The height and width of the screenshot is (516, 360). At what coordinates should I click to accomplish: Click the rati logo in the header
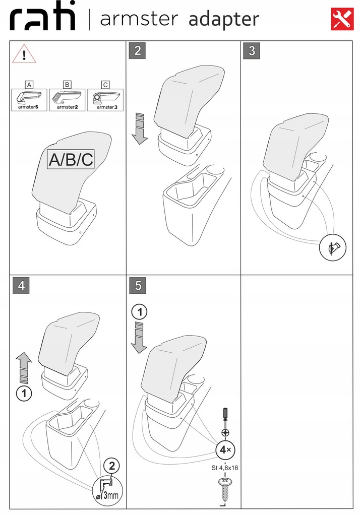coord(43,19)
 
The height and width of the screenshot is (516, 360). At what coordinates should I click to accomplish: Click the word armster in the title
coord(139,19)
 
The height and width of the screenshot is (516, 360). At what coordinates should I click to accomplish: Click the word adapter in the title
coord(223,19)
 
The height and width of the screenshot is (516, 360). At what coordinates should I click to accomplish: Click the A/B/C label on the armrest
coord(71,159)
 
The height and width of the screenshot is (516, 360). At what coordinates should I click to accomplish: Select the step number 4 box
coord(21,285)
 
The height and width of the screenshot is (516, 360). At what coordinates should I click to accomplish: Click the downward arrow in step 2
coord(139,129)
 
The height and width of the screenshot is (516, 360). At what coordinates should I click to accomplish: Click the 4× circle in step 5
coord(224,449)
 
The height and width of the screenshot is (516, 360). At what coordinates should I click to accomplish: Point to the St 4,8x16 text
coord(224,467)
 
